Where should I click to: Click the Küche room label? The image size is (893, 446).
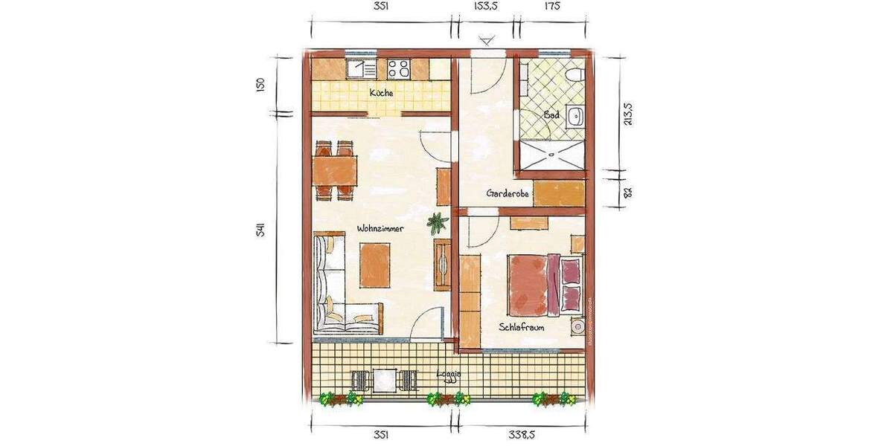tap(382, 93)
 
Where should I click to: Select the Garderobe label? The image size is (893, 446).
tap(508, 193)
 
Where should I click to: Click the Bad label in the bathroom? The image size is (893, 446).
tap(551, 115)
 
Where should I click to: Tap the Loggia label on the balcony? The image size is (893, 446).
tap(449, 375)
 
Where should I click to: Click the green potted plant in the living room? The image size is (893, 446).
tap(437, 222)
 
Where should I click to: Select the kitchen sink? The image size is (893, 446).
tap(363, 69)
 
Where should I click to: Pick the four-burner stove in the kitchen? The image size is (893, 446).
tap(399, 69)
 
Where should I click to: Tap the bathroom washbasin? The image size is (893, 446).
tap(575, 116)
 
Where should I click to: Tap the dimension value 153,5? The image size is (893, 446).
tap(485, 7)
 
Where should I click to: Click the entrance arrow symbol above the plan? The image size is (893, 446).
tap(487, 39)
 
